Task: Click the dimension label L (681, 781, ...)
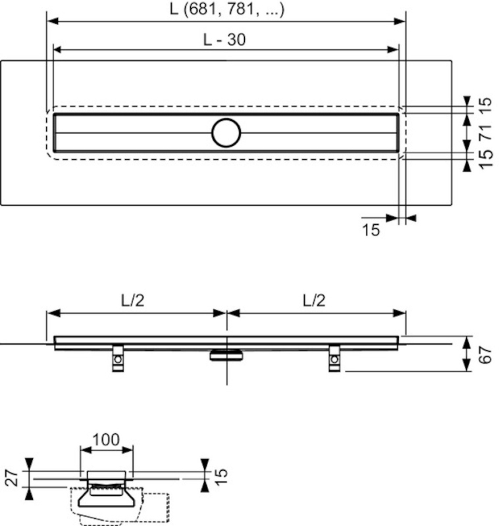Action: [227, 9]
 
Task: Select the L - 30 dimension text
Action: [224, 39]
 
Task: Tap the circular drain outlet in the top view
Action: [226, 133]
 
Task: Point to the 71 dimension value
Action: [485, 133]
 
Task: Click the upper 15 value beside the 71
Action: [485, 106]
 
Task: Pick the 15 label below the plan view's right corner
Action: [371, 230]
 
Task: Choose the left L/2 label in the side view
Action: [132, 300]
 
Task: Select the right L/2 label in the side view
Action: [314, 300]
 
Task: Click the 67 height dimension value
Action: [485, 355]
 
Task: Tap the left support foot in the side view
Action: [118, 358]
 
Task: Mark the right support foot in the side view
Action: [334, 358]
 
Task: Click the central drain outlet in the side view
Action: [226, 355]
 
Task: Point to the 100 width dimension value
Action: [106, 440]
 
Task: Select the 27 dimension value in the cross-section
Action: [12, 478]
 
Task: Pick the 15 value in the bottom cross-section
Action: [221, 477]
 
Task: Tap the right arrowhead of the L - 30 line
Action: [393, 50]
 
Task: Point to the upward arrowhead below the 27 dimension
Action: [29, 494]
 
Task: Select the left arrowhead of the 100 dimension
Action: [86, 450]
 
